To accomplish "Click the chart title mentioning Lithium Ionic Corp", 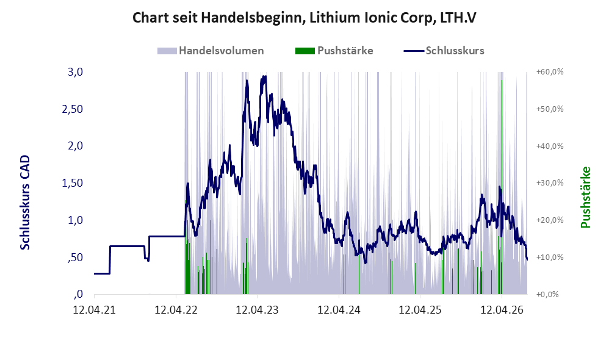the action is click(x=304, y=18).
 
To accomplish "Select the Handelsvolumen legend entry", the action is click(x=211, y=51).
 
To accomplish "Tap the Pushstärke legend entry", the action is click(x=334, y=51).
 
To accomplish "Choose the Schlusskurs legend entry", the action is click(x=444, y=51).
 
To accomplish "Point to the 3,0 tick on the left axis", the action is click(x=75, y=72).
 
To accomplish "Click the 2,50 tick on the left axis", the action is click(x=73, y=109).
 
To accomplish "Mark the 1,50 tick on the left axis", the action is click(x=73, y=183).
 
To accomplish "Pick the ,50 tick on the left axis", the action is click(x=75, y=257).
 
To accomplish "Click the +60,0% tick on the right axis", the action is click(x=550, y=72).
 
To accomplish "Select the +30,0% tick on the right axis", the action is click(x=550, y=183).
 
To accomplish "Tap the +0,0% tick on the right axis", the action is click(x=547, y=294).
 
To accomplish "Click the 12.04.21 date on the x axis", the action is click(x=95, y=310).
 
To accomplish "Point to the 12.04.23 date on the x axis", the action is click(x=257, y=310).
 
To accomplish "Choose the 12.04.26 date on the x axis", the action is click(x=502, y=310).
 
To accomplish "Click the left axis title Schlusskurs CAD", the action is click(x=25, y=203).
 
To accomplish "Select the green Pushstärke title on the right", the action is click(x=585, y=197).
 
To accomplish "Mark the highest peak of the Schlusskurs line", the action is click(x=265, y=76).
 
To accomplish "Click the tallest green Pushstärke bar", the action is click(x=502, y=187).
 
